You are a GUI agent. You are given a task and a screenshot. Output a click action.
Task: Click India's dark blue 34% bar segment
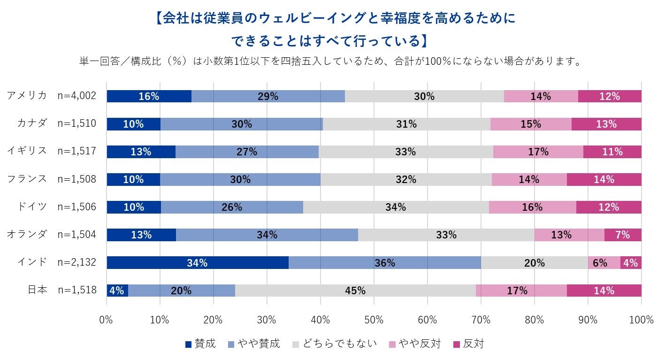click(x=197, y=263)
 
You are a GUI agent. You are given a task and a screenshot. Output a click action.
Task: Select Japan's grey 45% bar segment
click(x=355, y=291)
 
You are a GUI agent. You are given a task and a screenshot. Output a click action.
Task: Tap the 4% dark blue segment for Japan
click(x=117, y=291)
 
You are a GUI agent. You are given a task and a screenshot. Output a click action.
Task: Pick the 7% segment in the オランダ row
click(x=622, y=235)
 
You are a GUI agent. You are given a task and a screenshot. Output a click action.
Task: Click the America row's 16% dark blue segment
click(x=149, y=96)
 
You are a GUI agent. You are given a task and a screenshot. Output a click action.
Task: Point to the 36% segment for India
click(x=385, y=263)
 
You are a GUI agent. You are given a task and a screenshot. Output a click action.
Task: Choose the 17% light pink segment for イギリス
click(x=538, y=152)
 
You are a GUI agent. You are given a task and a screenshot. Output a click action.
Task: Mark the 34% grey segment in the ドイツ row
click(x=396, y=207)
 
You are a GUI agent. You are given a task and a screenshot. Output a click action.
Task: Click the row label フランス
click(x=27, y=179)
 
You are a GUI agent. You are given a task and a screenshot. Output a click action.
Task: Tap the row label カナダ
click(x=32, y=123)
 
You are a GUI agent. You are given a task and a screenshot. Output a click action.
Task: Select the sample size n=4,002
click(x=77, y=96)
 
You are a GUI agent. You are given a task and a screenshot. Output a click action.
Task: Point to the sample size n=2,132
click(x=77, y=262)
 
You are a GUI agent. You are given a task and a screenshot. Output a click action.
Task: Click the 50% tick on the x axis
click(x=374, y=320)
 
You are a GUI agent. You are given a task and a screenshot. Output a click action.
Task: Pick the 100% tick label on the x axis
click(x=641, y=320)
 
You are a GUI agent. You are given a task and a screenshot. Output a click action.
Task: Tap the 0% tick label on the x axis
click(x=107, y=320)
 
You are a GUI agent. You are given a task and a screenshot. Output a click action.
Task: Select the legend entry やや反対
click(x=419, y=344)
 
